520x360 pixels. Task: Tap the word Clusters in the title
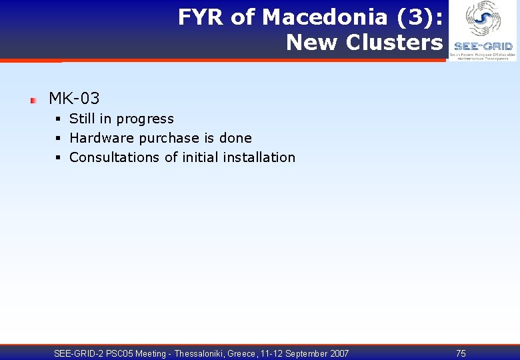point(393,43)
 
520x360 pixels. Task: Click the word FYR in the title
point(201,17)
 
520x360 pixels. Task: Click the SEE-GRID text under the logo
point(483,47)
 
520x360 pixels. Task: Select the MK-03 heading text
point(74,99)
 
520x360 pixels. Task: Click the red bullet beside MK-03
point(33,100)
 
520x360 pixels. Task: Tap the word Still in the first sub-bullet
point(82,119)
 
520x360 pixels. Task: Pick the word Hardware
point(101,138)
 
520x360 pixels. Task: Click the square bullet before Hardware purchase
point(59,139)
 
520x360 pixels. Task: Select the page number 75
point(461,353)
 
